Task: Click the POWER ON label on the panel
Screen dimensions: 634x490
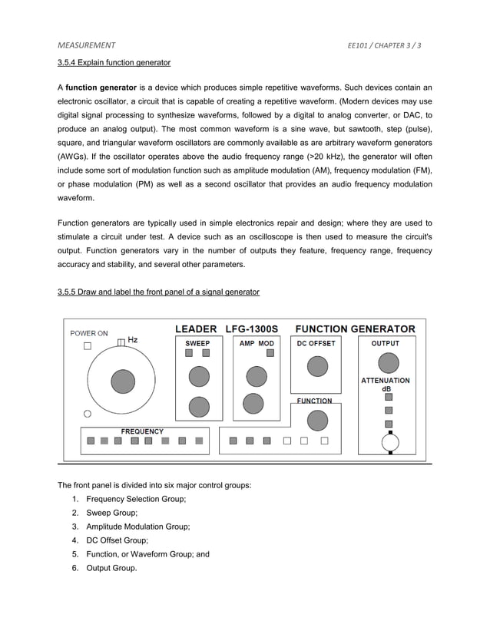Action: tap(89, 334)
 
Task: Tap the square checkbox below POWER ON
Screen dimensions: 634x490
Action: tap(87, 346)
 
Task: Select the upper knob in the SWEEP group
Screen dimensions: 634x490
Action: tap(199, 375)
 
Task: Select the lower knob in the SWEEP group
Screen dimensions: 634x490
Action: tap(199, 405)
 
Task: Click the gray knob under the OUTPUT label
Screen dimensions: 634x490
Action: tap(389, 362)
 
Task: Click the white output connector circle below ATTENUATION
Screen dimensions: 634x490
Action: tap(390, 442)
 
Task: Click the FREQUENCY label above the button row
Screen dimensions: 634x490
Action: tap(142, 431)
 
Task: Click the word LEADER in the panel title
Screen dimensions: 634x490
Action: tap(196, 329)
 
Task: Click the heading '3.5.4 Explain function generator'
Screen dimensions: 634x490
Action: tap(114, 61)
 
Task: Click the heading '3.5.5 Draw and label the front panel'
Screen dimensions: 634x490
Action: tap(158, 292)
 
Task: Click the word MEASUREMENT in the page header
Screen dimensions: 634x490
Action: tap(87, 45)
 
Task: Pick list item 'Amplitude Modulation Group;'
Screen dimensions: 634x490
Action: tap(137, 527)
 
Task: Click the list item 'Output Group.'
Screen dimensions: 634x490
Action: tap(111, 568)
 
